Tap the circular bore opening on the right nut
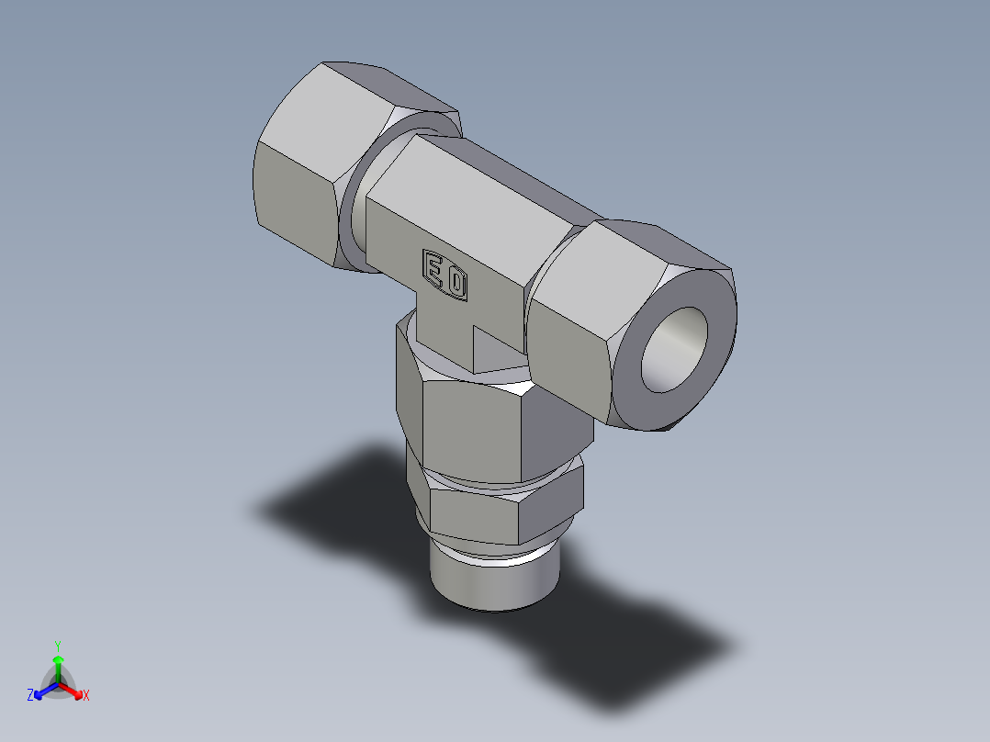tap(677, 348)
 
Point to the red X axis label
tap(86, 696)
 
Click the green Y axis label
tap(57, 646)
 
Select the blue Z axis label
tap(30, 696)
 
